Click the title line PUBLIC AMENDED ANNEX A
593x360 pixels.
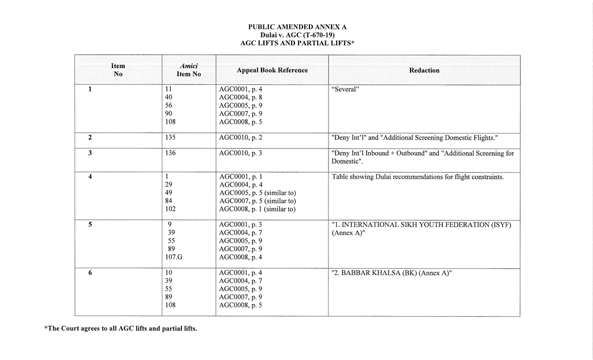tap(297, 27)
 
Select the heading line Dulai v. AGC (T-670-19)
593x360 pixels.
tap(297, 35)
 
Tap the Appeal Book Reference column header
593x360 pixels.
tap(272, 70)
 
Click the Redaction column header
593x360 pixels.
tap(424, 70)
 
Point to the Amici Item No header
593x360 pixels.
tap(188, 70)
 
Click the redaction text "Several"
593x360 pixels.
tap(345, 90)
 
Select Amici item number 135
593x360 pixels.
tap(170, 138)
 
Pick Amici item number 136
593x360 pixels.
tap(170, 153)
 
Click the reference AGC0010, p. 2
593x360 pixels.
tap(241, 138)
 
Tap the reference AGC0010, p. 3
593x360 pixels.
tap(241, 153)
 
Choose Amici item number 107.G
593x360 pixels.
tap(174, 257)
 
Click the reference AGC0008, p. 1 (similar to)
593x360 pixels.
tap(257, 209)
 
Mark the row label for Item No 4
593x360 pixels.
tap(90, 177)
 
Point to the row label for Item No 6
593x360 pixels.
tap(90, 273)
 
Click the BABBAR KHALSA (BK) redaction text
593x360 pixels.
tap(391, 273)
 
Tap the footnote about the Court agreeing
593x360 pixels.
tap(121, 329)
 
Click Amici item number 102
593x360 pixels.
tap(170, 209)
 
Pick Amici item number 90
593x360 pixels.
tap(169, 114)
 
